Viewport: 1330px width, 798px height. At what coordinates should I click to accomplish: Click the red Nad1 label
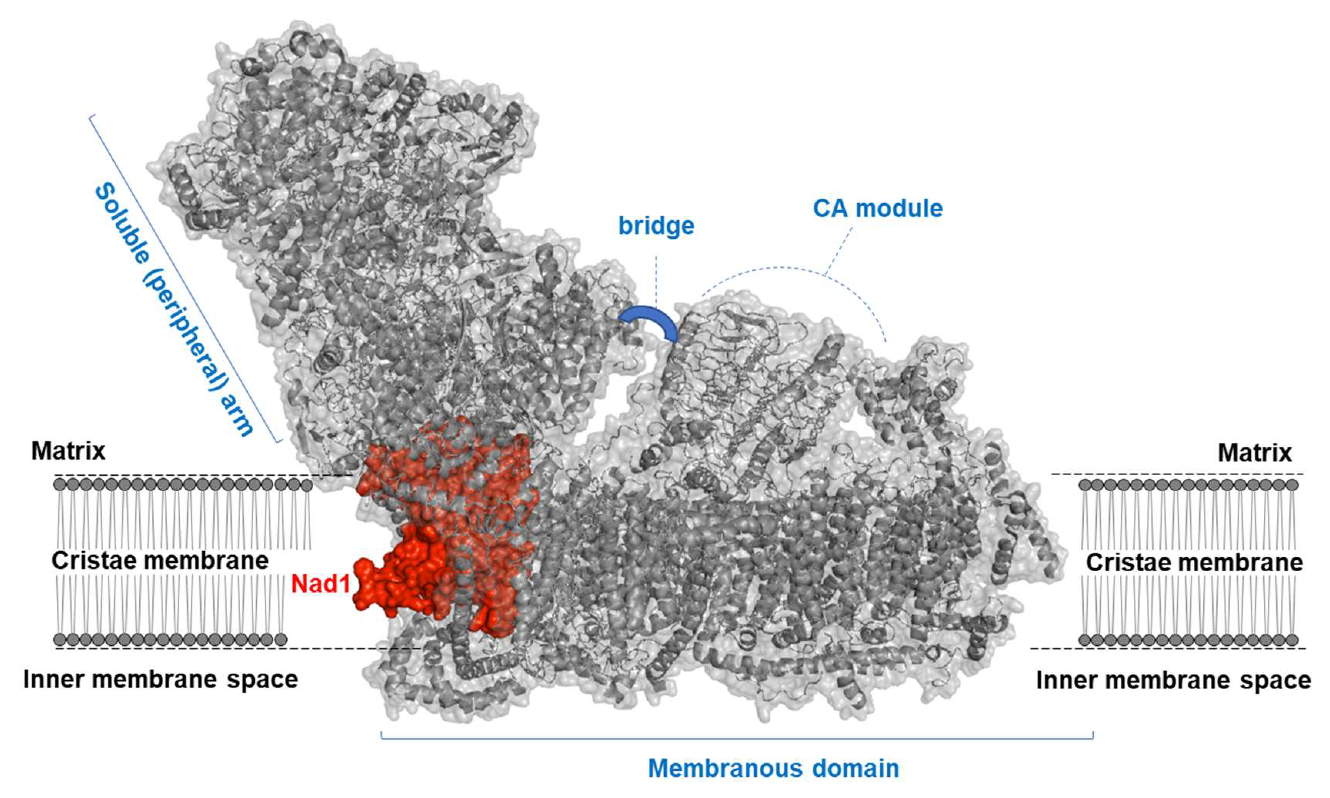coord(321,584)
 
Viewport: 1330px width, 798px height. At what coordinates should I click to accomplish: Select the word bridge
coord(656,226)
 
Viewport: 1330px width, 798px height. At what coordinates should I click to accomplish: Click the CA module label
coord(877,209)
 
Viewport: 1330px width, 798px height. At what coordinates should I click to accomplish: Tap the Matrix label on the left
coord(68,451)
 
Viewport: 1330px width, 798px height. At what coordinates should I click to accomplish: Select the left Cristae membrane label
coord(160,561)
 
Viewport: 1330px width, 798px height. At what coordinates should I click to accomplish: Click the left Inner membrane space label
coord(160,680)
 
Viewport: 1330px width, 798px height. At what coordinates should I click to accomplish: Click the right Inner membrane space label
coord(1173,681)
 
